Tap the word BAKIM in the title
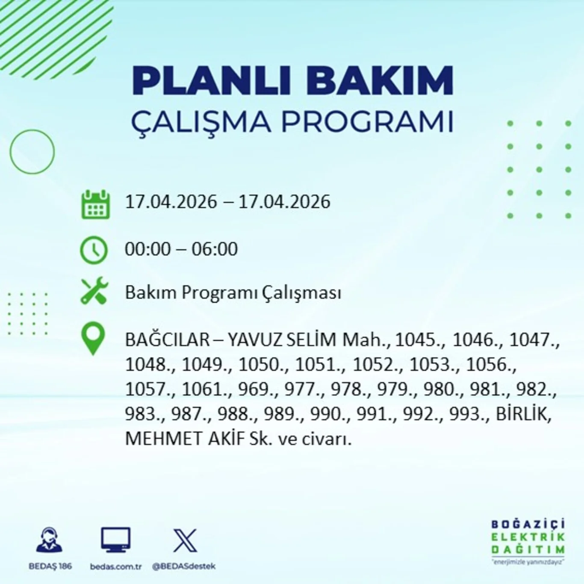click(x=380, y=80)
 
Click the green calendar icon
click(x=95, y=205)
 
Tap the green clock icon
click(x=94, y=250)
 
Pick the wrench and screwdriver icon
click(x=94, y=291)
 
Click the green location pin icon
click(x=93, y=338)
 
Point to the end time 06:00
click(x=215, y=249)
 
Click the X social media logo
click(x=185, y=541)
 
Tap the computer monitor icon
click(x=115, y=540)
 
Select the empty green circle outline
click(x=32, y=152)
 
